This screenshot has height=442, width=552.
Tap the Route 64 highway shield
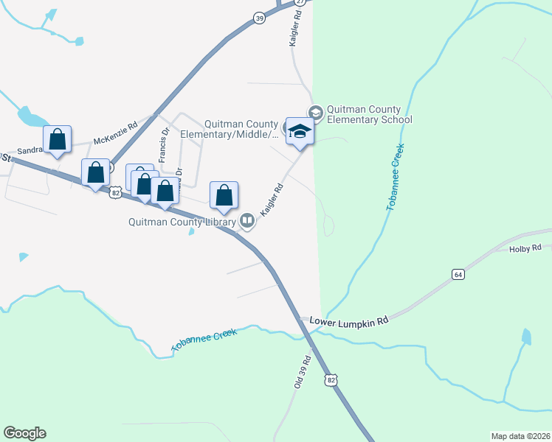[x=458, y=275]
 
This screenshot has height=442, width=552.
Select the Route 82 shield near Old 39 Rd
[x=331, y=379]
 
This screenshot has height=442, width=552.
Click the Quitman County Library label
[x=182, y=221]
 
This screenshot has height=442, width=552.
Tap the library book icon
[x=247, y=220]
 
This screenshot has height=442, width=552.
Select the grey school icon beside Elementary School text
[x=316, y=112]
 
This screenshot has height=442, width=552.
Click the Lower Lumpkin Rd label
[x=348, y=321]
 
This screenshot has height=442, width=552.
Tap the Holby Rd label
[x=525, y=249]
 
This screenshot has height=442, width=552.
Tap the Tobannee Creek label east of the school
[x=396, y=177]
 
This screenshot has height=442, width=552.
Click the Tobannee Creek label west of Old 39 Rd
[x=204, y=340]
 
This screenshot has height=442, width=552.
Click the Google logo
[x=24, y=433]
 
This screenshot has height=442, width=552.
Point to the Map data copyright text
[x=520, y=435]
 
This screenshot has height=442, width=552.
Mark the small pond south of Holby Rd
[x=525, y=337]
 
